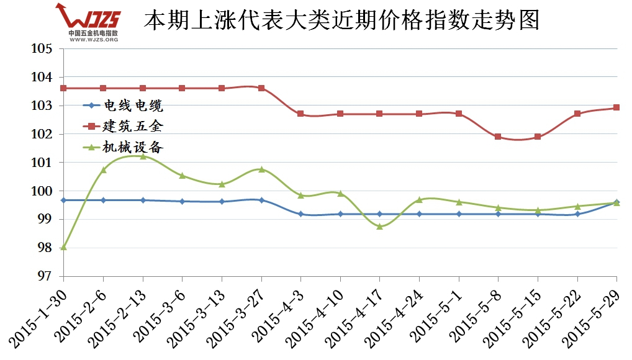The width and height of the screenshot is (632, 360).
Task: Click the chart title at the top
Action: pos(341,20)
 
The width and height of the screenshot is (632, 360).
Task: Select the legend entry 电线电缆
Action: pos(134,105)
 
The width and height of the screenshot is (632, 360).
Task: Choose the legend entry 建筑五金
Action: pos(134,126)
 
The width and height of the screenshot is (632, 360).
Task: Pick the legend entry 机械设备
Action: pos(134,147)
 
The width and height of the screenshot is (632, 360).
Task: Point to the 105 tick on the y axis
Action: pos(43,48)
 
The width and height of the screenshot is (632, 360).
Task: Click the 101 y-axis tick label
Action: pos(43,163)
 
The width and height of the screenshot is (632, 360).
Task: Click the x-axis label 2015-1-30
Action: pos(37,313)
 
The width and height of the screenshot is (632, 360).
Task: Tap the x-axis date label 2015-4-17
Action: pos(354,313)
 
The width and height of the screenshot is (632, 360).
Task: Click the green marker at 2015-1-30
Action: pos(63,247)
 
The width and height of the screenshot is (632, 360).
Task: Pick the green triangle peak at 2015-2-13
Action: pos(143,156)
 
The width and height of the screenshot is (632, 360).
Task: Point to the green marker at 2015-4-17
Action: pos(379,227)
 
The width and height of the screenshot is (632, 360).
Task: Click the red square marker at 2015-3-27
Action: pos(261,88)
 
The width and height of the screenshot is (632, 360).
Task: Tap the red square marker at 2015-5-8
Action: pos(498,137)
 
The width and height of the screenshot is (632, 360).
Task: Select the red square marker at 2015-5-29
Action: pos(616,107)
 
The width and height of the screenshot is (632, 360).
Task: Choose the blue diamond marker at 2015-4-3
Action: pos(300,214)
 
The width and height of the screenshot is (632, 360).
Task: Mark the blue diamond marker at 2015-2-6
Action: pos(103,200)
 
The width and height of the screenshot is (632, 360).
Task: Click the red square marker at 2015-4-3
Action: pos(300,114)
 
